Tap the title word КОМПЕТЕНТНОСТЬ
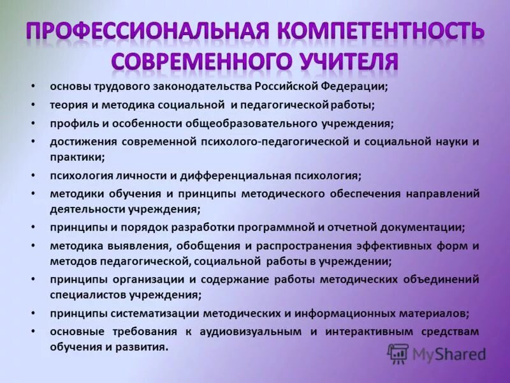click(x=379, y=32)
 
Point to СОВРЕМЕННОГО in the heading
click(x=191, y=63)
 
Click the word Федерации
click(x=356, y=86)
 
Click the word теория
click(x=66, y=104)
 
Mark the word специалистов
click(x=82, y=294)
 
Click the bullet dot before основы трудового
click(x=33, y=86)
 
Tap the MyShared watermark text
click(x=449, y=354)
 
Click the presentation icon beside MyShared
click(x=398, y=354)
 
